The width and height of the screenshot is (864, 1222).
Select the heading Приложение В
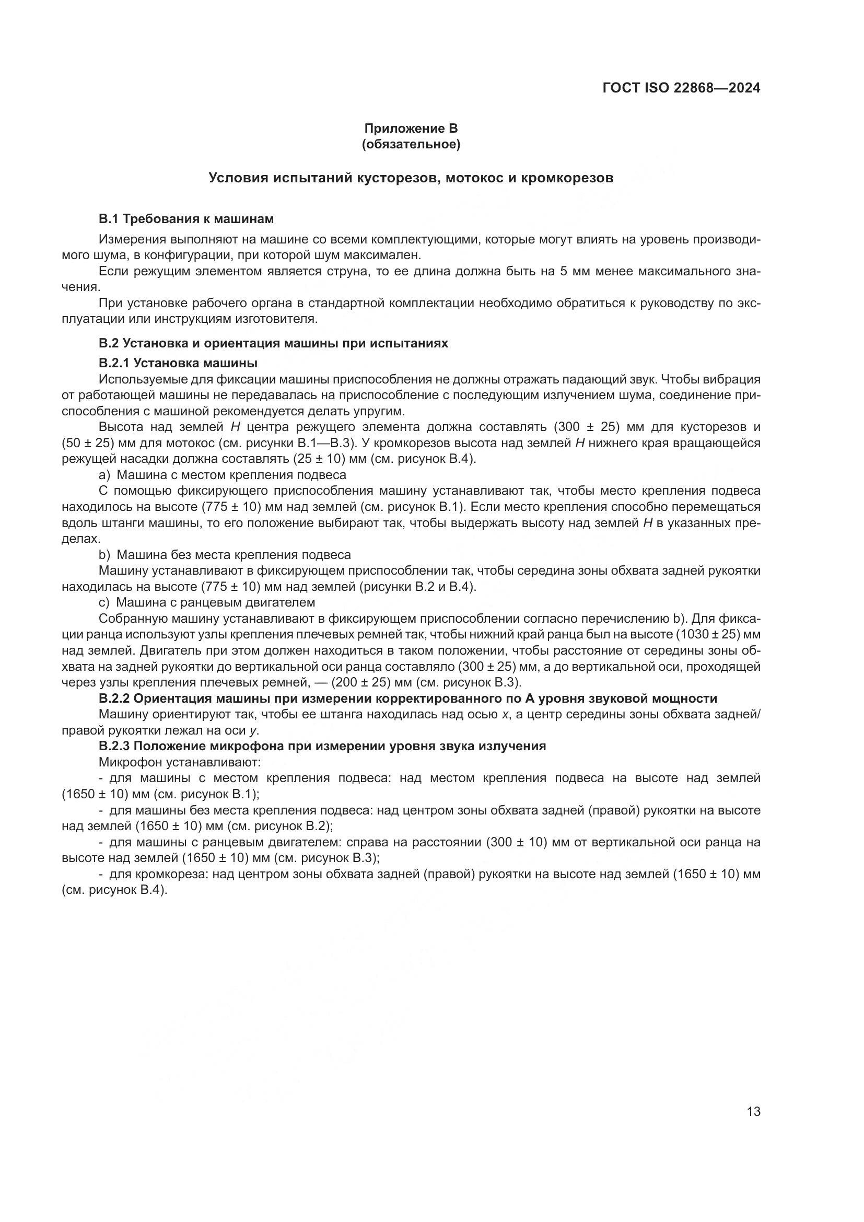pos(411,129)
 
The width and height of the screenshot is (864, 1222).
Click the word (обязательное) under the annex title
pos(411,144)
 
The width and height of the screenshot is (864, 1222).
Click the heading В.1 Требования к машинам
pos(186,219)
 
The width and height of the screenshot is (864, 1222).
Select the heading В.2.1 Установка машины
pos(178,363)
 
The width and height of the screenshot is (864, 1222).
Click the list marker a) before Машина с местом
pos(104,475)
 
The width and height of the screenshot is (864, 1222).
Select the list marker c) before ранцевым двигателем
pos(104,602)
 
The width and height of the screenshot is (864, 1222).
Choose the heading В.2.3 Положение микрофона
pos(322,746)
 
